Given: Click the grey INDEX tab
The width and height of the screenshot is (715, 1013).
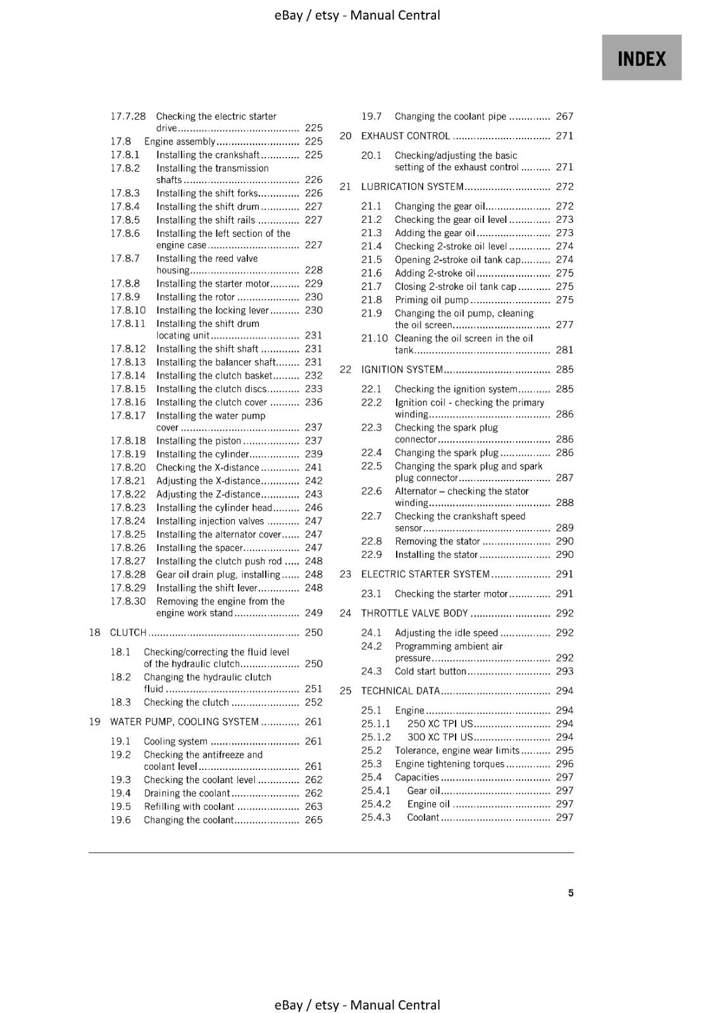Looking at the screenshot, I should tap(641, 58).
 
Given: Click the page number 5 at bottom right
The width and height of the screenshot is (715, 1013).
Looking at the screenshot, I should tap(570, 893).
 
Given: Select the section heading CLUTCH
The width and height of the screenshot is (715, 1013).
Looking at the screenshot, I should tap(128, 632).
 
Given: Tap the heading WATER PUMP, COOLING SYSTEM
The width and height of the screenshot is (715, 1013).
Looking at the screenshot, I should tap(184, 722).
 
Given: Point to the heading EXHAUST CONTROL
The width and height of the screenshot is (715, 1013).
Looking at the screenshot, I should tap(405, 136).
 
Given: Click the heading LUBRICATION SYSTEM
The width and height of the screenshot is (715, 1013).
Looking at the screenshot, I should tap(412, 187).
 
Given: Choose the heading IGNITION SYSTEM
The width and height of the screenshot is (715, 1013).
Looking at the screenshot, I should tap(402, 370).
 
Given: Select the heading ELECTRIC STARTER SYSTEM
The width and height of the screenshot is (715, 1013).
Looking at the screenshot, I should tap(425, 574).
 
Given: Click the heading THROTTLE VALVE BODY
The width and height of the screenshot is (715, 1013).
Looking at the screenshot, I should tap(414, 613).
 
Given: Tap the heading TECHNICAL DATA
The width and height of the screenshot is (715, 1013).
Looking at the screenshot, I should tap(400, 691).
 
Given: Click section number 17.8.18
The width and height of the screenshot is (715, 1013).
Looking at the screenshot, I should tap(128, 441).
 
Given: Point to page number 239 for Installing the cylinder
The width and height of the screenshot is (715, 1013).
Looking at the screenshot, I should tap(313, 454).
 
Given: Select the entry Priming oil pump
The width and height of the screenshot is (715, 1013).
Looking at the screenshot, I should tap(432, 300).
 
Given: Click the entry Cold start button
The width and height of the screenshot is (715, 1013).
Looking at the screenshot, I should tap(430, 671).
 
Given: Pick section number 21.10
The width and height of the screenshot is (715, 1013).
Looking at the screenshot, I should tap(374, 338).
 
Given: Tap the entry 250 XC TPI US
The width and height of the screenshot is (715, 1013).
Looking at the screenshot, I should tap(440, 724).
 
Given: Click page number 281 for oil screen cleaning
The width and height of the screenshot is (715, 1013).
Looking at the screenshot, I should tap(564, 350).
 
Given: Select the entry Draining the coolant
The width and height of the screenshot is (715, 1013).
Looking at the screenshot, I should tap(187, 793).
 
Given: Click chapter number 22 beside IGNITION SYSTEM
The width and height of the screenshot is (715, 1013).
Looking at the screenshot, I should tap(345, 370).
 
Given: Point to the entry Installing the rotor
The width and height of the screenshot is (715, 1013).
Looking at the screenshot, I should tap(196, 297).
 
